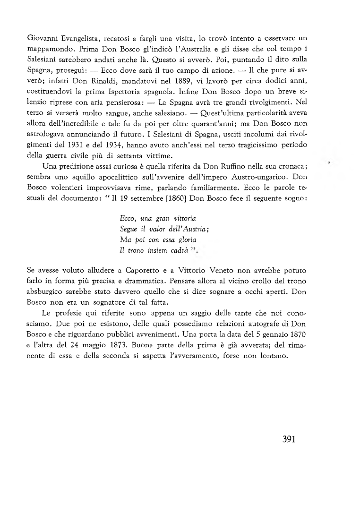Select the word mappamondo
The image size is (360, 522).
click(x=50, y=37)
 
